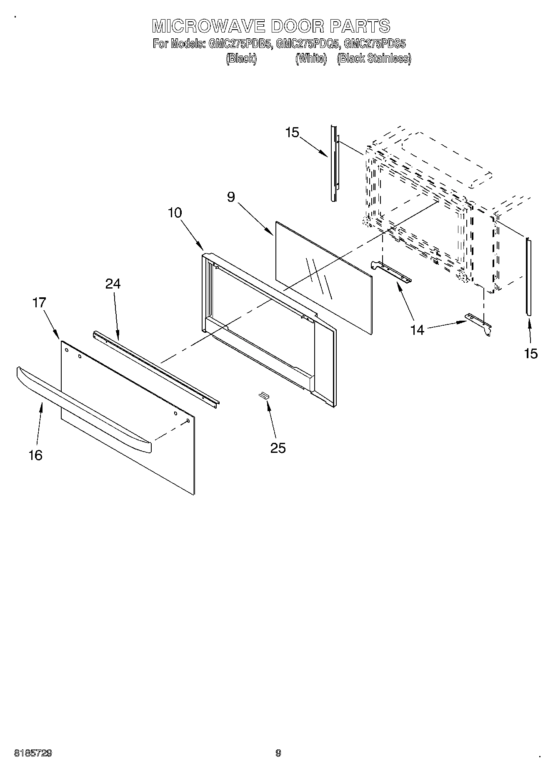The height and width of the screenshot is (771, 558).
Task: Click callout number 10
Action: (x=175, y=213)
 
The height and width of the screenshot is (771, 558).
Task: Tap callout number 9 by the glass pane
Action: (x=232, y=196)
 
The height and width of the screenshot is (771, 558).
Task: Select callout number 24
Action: (x=113, y=284)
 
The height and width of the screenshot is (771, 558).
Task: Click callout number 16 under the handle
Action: (x=35, y=455)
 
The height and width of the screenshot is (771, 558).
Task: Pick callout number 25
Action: (x=278, y=448)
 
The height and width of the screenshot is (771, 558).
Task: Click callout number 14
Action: (x=417, y=330)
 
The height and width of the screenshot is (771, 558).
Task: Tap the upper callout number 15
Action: (x=293, y=133)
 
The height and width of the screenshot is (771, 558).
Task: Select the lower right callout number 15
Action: (x=531, y=354)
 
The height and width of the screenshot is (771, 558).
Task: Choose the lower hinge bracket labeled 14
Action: (x=479, y=323)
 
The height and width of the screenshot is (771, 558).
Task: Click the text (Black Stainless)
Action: (x=374, y=59)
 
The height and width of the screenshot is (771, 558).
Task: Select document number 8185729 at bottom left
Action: (x=33, y=753)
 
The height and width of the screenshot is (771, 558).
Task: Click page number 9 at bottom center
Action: (x=278, y=753)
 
